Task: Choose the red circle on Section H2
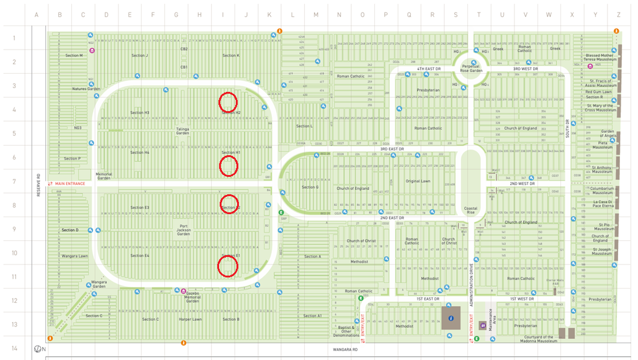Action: click(x=228, y=101)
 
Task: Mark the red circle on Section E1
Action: click(x=228, y=266)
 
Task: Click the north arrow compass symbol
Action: click(x=38, y=349)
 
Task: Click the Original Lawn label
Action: click(x=418, y=181)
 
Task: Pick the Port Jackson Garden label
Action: click(x=183, y=230)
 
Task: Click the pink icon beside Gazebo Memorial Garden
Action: click(x=183, y=291)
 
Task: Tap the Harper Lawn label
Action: click(x=190, y=320)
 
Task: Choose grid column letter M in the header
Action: click(x=315, y=15)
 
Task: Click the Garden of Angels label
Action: click(x=606, y=133)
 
